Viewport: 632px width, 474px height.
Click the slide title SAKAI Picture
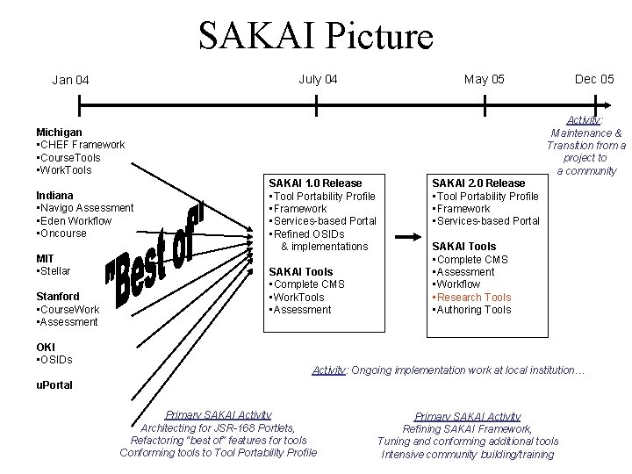[316, 37]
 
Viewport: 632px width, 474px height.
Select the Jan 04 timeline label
[70, 81]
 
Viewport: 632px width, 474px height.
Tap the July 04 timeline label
[318, 80]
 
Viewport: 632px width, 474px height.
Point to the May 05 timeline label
[485, 80]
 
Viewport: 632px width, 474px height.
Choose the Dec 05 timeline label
[594, 80]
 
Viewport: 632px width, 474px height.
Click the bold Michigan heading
[60, 132]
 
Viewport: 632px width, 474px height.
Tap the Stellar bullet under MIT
[55, 271]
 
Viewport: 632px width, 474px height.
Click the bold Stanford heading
[58, 297]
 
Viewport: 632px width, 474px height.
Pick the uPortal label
[54, 385]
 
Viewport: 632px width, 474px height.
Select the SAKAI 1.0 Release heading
[314, 183]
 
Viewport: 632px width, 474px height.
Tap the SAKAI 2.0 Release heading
[478, 183]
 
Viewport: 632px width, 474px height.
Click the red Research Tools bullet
[474, 297]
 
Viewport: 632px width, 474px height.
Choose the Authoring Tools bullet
[474, 309]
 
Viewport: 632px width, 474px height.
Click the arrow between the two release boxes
[408, 237]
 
